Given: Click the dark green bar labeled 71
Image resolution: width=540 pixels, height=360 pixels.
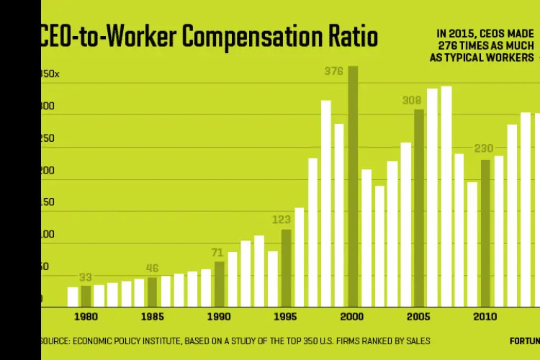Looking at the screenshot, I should pos(220,284).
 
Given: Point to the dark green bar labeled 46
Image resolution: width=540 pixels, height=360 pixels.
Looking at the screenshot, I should pos(153,292).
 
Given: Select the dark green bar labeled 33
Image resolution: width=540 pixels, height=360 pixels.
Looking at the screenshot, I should pos(86,295).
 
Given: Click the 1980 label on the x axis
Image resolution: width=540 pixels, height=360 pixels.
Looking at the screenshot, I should pos(86,317).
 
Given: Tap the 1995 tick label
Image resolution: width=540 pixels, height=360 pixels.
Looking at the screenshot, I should pos(286,317).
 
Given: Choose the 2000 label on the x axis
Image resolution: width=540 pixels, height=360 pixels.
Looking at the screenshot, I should pos(353,317).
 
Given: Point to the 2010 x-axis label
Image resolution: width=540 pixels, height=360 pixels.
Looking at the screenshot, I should pos(485,317).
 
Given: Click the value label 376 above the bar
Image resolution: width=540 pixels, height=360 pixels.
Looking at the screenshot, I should pos(334,71).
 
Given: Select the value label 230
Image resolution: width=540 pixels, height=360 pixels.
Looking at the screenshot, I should pos(483,149).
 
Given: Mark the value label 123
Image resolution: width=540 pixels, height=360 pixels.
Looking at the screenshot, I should pos(282,220).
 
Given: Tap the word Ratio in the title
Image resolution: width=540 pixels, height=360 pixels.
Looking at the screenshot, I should pos(351,37).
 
